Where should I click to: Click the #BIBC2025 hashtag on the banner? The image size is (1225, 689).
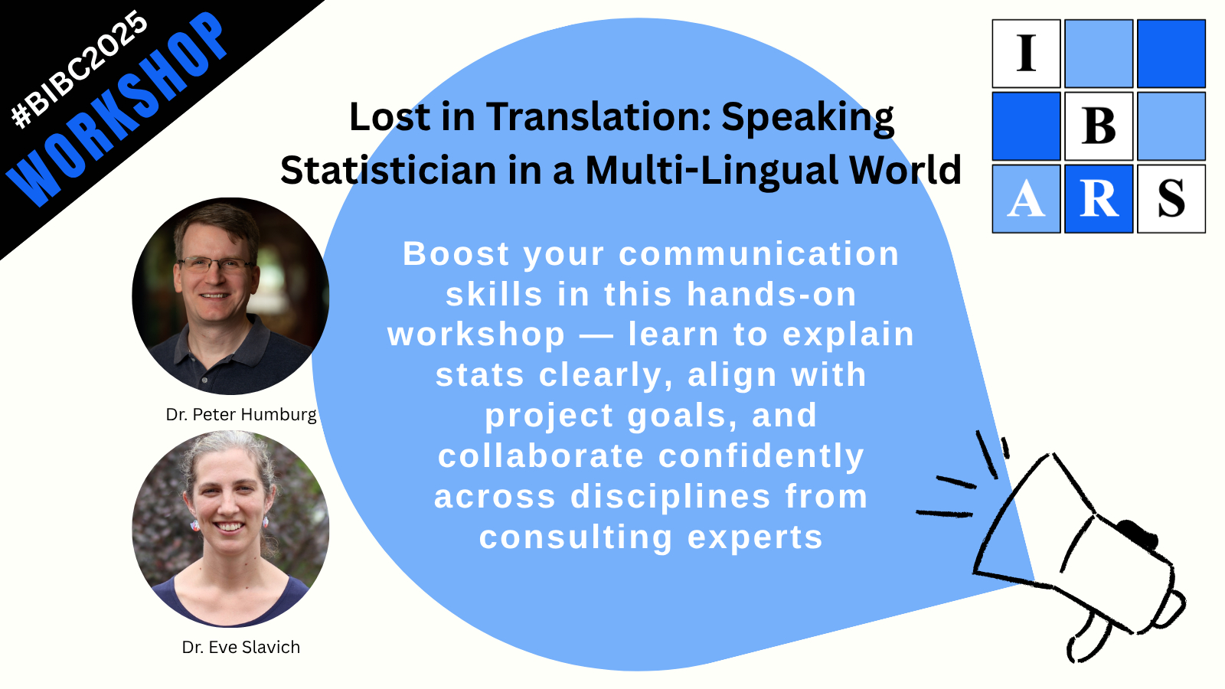tap(80, 70)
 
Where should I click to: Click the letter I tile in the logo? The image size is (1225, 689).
tap(1027, 54)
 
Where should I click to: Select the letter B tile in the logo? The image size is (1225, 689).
tap(1099, 126)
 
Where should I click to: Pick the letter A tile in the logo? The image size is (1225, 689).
tap(1027, 198)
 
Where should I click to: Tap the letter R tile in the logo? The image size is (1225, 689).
tap(1099, 198)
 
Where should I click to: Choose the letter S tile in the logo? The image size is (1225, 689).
tap(1171, 198)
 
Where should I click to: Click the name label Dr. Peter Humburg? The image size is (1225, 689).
tap(241, 414)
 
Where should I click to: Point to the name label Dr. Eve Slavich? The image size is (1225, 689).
tap(241, 648)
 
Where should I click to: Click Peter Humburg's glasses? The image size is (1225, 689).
tap(214, 266)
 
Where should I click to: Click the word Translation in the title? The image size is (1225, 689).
tap(599, 117)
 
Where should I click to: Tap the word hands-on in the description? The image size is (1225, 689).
tap(772, 294)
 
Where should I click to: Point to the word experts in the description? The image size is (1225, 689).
tap(755, 537)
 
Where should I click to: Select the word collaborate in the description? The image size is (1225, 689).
tap(541, 456)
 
